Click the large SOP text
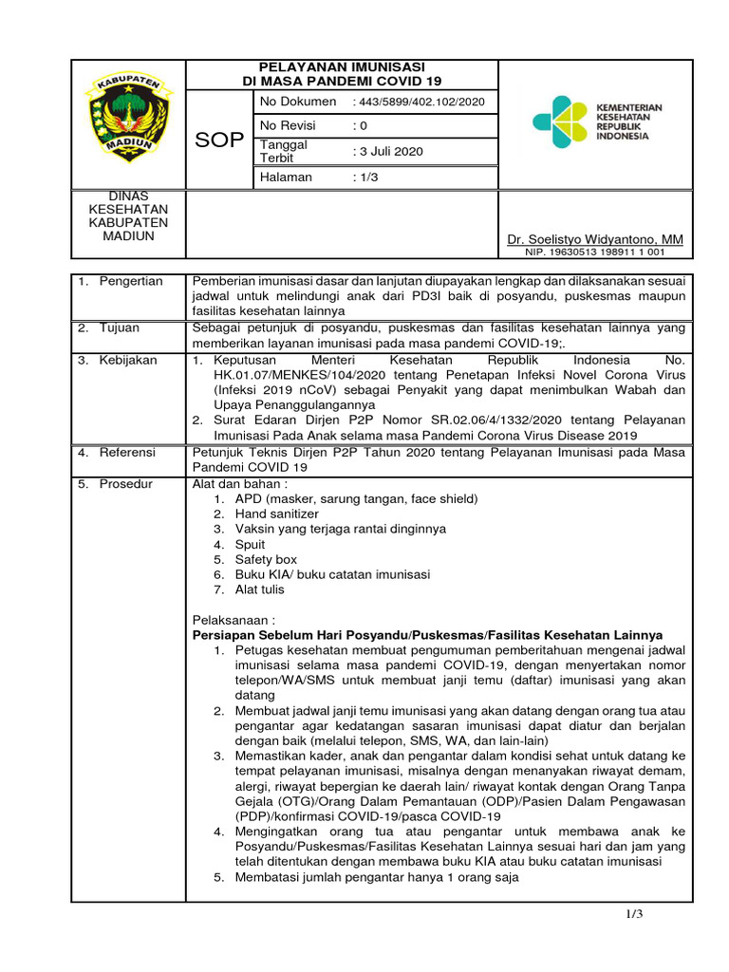[x=218, y=140]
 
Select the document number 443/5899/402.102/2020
[x=418, y=102]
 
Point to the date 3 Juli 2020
[x=390, y=151]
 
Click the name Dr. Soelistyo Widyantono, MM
[x=595, y=239]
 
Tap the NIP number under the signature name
[x=595, y=252]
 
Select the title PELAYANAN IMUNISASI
[x=342, y=67]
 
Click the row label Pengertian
[x=131, y=281]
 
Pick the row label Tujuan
[x=121, y=327]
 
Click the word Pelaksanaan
[x=234, y=620]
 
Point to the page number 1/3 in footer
[x=635, y=914]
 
